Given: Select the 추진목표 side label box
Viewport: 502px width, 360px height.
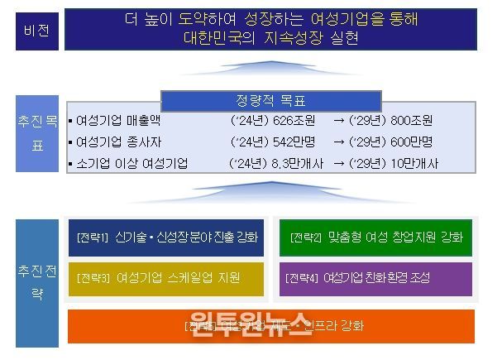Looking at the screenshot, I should (33, 134).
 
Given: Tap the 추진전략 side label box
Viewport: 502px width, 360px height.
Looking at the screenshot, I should (33, 281).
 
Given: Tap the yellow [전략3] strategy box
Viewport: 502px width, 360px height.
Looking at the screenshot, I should (165, 278).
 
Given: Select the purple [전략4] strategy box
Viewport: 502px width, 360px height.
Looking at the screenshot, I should (375, 278).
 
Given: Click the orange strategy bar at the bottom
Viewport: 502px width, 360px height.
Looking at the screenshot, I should (270, 325).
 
